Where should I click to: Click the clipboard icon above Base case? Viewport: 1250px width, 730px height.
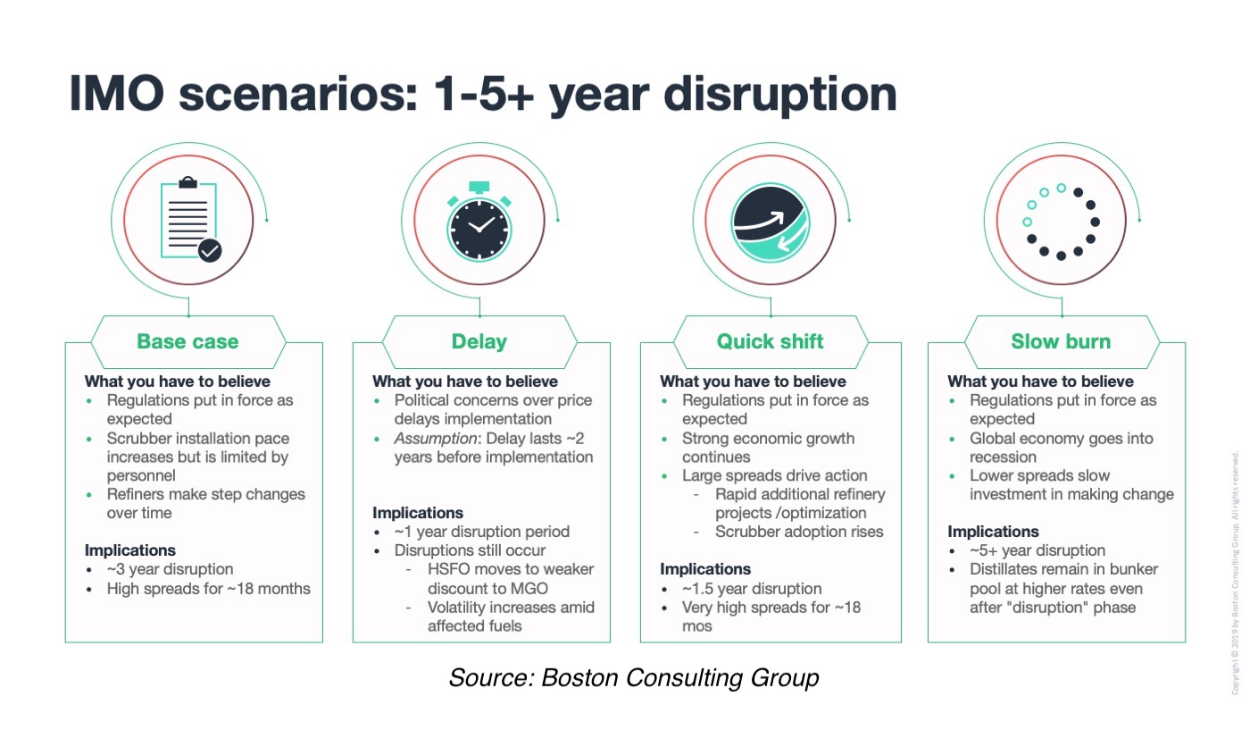[x=188, y=220]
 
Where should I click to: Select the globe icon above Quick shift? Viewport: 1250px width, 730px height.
[x=771, y=222]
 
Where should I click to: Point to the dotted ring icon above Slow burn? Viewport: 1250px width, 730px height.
[x=1061, y=222]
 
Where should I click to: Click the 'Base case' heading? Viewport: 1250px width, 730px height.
[x=187, y=341]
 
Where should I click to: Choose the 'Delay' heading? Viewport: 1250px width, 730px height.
[x=479, y=341]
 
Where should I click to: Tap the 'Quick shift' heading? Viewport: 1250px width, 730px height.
[x=770, y=341]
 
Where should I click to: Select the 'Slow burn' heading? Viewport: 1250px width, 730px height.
[x=1061, y=341]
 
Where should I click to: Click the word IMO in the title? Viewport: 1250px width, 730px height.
[x=117, y=93]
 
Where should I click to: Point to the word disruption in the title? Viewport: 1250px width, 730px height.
[x=780, y=95]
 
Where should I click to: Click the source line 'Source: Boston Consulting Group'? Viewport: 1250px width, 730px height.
[x=634, y=678]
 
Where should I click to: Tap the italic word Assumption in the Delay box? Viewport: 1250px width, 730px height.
[x=436, y=439]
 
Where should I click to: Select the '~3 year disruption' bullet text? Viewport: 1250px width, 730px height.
[x=171, y=569]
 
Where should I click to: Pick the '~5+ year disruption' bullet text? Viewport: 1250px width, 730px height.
[x=1037, y=550]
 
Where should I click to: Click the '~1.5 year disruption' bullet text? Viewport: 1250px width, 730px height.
[x=752, y=589]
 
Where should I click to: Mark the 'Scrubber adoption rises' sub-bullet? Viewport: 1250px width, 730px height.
[x=799, y=532]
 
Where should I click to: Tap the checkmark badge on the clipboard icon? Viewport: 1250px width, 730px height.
[x=210, y=251]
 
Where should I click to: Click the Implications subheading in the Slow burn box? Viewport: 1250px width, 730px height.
[x=993, y=531]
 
